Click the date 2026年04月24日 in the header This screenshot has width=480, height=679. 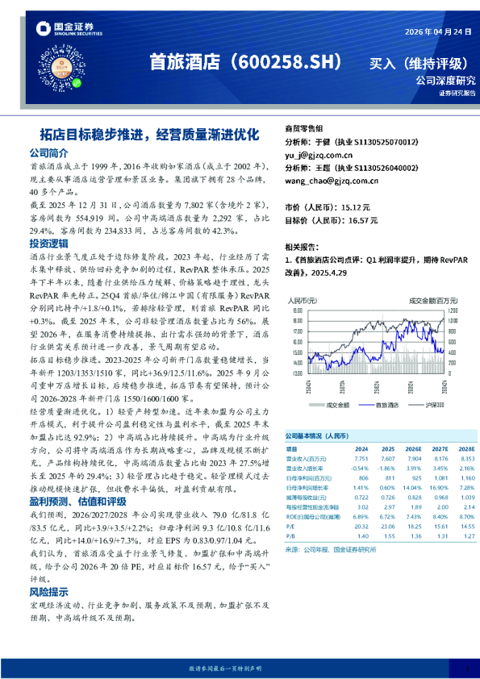(x=435, y=32)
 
